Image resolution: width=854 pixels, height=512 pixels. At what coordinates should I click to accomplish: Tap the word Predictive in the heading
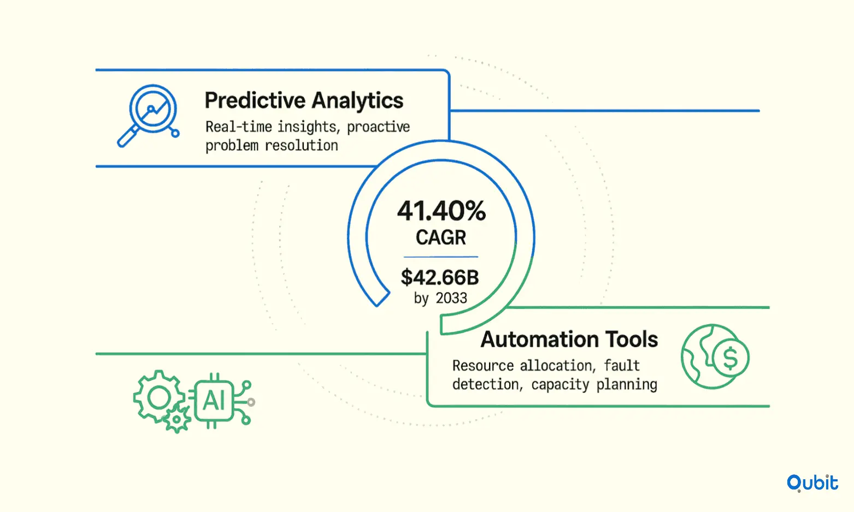click(255, 101)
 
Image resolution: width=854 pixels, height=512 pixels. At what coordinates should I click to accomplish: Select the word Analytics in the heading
click(357, 101)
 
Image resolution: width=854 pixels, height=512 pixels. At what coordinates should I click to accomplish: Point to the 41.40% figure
click(441, 211)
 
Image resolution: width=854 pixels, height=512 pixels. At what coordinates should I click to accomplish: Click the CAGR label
click(441, 237)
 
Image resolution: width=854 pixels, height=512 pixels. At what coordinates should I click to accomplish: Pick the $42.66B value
click(440, 277)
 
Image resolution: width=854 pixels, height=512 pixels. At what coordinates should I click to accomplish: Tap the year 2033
click(452, 298)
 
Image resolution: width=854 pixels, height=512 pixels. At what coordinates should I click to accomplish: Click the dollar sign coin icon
click(730, 358)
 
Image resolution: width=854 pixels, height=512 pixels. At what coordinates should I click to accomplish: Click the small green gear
click(176, 419)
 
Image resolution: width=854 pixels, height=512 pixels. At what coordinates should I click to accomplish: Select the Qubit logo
click(812, 483)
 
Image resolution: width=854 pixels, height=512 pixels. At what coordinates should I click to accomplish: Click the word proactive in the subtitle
click(378, 127)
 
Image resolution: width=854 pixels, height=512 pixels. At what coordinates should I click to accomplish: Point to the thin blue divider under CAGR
click(441, 257)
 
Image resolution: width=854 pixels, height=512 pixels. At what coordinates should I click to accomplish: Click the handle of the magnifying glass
click(128, 136)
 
